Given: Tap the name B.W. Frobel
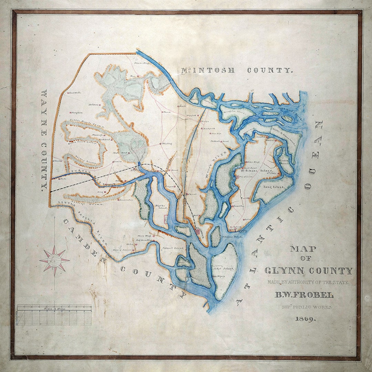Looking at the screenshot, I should click(304, 295).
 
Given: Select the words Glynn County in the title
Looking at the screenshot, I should click(309, 271).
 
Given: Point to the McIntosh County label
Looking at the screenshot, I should click(237, 71).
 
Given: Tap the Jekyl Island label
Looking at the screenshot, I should click(226, 268).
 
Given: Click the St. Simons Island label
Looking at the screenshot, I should click(259, 171).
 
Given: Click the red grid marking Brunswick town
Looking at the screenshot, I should click(199, 232).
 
